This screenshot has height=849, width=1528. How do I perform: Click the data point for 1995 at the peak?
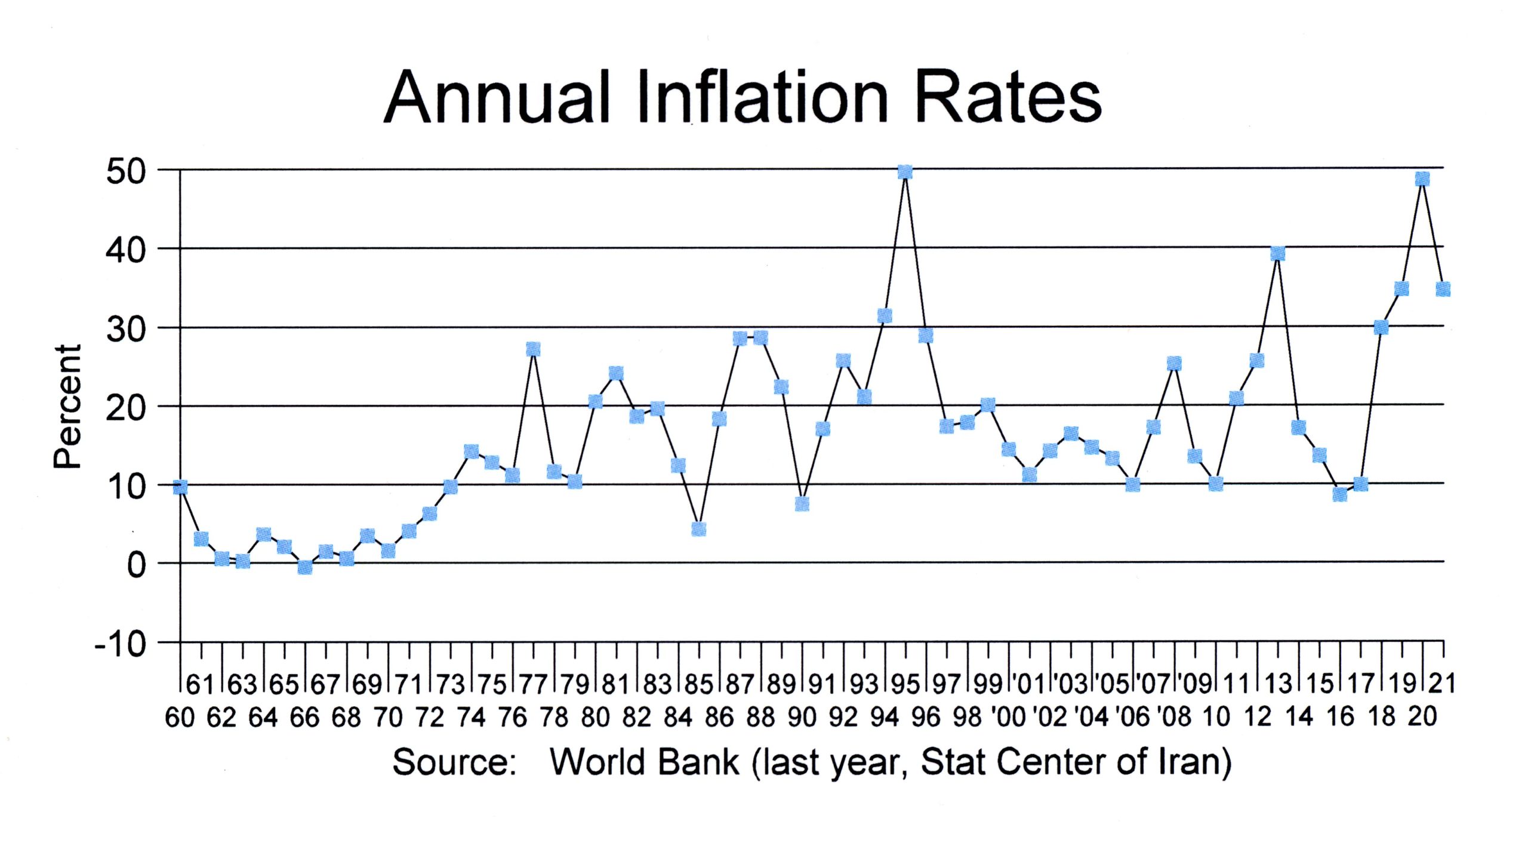click(905, 173)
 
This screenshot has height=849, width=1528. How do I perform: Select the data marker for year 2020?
click(1422, 179)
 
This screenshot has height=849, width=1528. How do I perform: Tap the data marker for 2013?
click(1277, 254)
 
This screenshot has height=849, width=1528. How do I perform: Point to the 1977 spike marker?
click(533, 349)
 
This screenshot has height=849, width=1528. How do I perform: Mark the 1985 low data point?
click(698, 529)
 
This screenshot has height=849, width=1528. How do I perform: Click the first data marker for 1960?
click(180, 488)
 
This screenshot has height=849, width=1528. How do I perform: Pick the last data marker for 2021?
click(1443, 289)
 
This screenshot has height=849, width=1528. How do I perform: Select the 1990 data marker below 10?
click(802, 504)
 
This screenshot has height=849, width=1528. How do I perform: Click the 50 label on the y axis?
click(125, 172)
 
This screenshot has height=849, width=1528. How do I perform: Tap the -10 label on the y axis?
click(120, 645)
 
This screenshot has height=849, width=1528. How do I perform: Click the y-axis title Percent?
click(67, 406)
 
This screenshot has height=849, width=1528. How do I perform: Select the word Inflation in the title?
click(763, 97)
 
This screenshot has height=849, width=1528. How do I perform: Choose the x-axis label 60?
click(180, 717)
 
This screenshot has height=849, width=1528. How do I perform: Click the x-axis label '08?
click(1174, 717)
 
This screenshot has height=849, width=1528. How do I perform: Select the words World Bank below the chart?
click(645, 762)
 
